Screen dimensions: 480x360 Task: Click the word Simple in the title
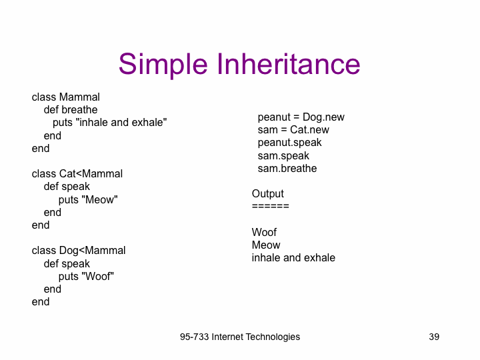pyautogui.click(x=163, y=65)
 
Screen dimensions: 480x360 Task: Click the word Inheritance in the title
pyautogui.click(x=289, y=64)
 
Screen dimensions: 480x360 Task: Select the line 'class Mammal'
pyautogui.click(x=66, y=97)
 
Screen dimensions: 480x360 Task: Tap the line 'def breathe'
pyautogui.click(x=71, y=109)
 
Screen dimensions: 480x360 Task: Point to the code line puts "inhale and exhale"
pyautogui.click(x=109, y=123)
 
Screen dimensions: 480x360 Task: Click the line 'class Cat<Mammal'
pyautogui.click(x=77, y=173)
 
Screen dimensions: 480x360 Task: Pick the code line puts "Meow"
pyautogui.click(x=88, y=200)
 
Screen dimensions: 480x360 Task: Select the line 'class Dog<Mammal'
pyautogui.click(x=79, y=251)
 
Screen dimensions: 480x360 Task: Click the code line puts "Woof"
pyautogui.click(x=86, y=277)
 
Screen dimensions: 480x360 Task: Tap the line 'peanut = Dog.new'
pyautogui.click(x=301, y=117)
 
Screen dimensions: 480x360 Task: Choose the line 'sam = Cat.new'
pyautogui.click(x=293, y=130)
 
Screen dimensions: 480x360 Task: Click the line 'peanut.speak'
pyautogui.click(x=289, y=143)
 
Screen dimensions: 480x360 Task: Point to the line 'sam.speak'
pyautogui.click(x=283, y=156)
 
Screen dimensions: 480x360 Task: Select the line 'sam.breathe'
pyautogui.click(x=287, y=169)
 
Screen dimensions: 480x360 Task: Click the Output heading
pyautogui.click(x=268, y=194)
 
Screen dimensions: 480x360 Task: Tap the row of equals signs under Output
pyautogui.click(x=270, y=206)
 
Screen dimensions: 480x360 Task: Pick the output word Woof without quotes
pyautogui.click(x=264, y=233)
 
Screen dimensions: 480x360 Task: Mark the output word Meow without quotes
pyautogui.click(x=266, y=245)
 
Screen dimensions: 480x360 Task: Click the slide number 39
pyautogui.click(x=434, y=337)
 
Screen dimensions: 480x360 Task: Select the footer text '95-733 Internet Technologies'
pyautogui.click(x=240, y=337)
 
